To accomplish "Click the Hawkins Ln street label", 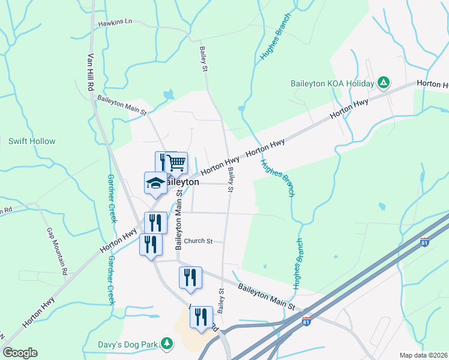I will [x=116, y=22].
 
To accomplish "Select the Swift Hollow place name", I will [x=32, y=142].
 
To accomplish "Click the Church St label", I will [x=199, y=241].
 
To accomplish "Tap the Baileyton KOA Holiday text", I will [x=332, y=83].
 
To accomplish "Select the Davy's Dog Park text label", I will [x=127, y=344].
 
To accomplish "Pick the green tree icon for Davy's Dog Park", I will [x=167, y=344].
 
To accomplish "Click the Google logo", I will [x=20, y=353].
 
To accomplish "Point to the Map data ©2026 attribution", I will [x=424, y=355].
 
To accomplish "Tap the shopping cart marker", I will [x=176, y=161].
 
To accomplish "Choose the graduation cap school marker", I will [x=155, y=182].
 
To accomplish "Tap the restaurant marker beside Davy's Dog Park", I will [x=201, y=316].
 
